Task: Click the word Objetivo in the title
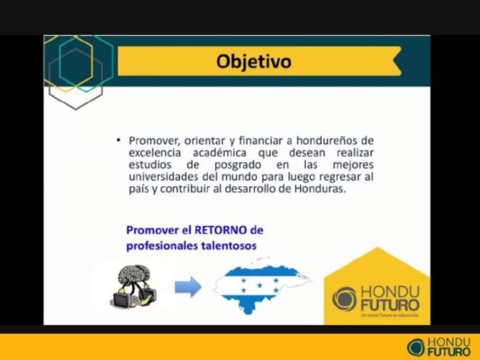(x=254, y=62)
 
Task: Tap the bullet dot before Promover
(x=119, y=141)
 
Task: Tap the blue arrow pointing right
(x=188, y=288)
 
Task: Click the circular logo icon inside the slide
(x=344, y=298)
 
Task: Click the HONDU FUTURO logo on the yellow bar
(x=439, y=346)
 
